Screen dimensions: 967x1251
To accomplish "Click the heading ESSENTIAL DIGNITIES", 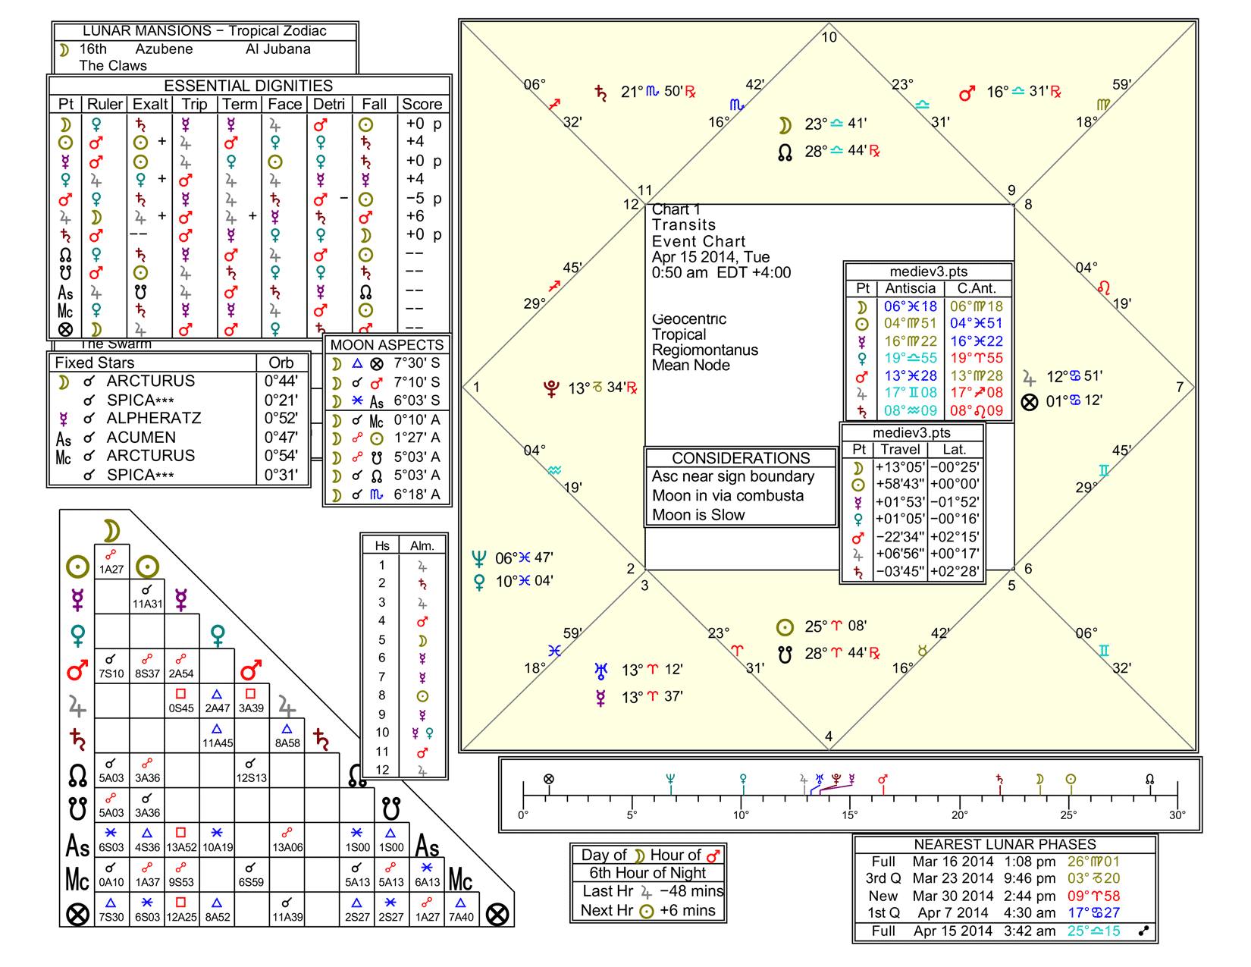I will [249, 86].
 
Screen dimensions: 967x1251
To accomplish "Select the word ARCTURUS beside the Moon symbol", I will [150, 381].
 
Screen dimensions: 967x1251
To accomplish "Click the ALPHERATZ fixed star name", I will [154, 418].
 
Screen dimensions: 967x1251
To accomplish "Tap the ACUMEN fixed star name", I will [141, 437].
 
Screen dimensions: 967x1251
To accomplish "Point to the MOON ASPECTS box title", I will [387, 345].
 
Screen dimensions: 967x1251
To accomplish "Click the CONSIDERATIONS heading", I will [741, 458].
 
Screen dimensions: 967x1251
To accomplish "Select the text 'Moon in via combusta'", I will [728, 495].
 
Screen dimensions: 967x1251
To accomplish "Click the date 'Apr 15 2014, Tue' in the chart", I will [710, 257].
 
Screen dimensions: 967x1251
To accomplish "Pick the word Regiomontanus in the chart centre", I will [705, 350].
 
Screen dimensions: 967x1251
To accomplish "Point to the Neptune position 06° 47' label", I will [524, 558].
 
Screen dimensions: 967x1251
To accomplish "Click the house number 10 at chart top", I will [829, 37].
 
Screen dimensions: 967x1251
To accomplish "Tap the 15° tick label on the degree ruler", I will [850, 815].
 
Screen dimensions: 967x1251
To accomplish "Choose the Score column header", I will [422, 105].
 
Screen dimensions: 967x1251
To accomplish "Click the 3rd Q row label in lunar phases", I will [883, 878].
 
